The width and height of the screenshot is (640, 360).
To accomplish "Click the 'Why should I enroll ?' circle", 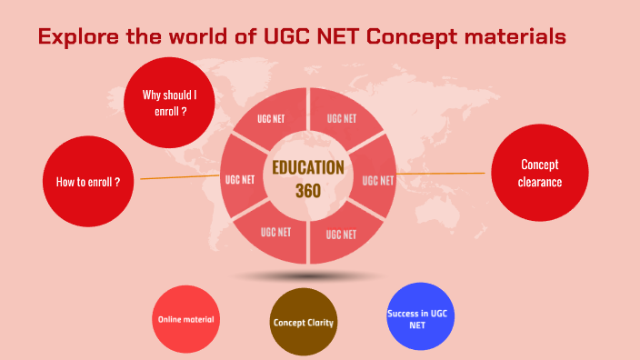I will point(169,101).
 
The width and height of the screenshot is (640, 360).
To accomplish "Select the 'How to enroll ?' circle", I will point(88,181).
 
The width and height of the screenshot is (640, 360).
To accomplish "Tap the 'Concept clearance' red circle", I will point(539,173).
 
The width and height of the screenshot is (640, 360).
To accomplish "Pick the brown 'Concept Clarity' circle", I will point(304,322).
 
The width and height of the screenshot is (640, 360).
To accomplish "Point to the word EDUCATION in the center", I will point(307,168).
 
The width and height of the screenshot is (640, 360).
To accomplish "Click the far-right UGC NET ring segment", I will point(376,179).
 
